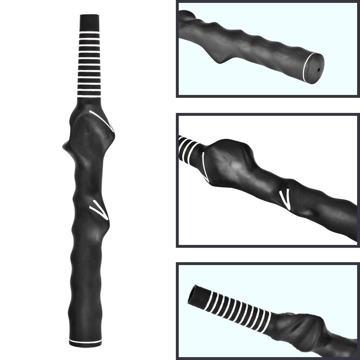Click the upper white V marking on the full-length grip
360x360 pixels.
click(x=102, y=119)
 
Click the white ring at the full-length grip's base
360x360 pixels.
click(x=85, y=340)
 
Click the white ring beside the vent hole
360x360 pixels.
click(x=306, y=67)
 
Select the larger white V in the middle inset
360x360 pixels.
click(x=205, y=166)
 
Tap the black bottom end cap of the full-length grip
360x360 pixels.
click(x=85, y=345)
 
